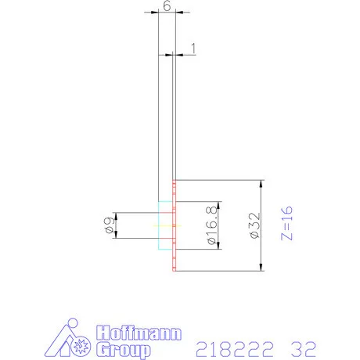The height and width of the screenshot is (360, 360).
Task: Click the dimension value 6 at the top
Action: (165, 5)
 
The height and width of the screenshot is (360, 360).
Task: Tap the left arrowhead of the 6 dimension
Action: (160, 13)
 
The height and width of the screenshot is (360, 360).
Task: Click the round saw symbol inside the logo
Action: (78, 345)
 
